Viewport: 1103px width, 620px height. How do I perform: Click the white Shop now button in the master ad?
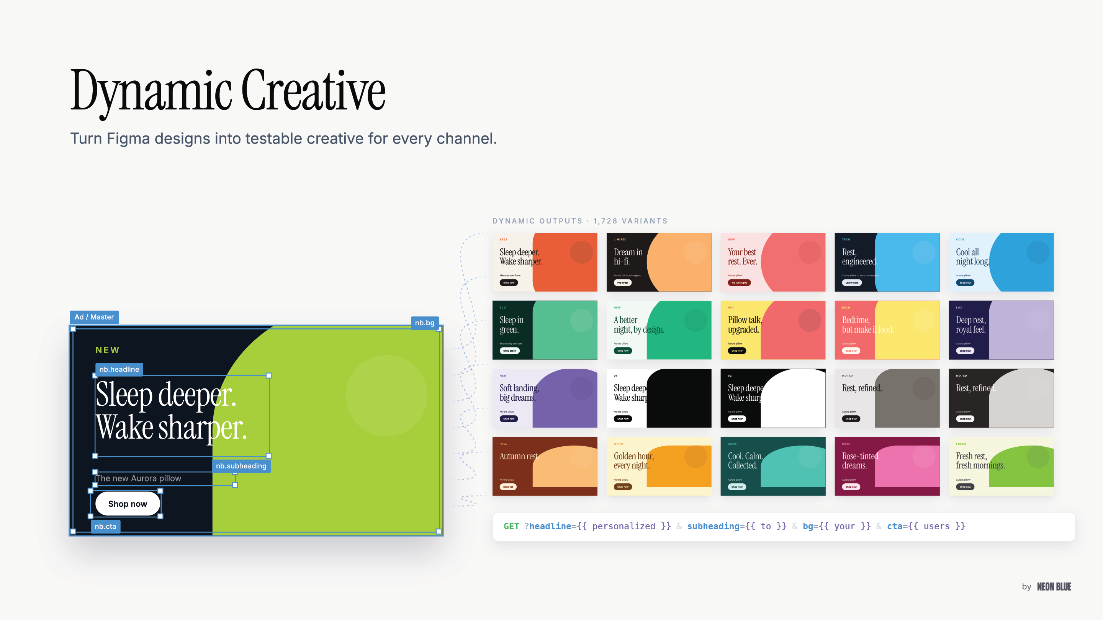(x=128, y=504)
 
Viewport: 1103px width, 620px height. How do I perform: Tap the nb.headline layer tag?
(x=119, y=369)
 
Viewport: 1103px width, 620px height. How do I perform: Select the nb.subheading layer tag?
(x=241, y=466)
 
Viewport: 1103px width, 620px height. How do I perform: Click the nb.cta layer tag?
(x=105, y=526)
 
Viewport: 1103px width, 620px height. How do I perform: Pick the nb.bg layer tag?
(x=424, y=323)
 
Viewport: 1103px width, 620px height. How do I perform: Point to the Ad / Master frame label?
(x=94, y=317)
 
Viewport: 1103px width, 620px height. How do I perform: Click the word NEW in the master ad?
(x=108, y=350)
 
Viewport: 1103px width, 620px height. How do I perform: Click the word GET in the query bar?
(x=511, y=526)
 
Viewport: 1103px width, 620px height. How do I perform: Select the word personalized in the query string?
(x=624, y=526)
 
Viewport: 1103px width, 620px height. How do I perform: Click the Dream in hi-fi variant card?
(x=659, y=262)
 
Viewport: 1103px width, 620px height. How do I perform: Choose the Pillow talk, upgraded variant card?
(x=773, y=330)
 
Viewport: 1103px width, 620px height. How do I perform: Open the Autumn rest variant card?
(x=545, y=466)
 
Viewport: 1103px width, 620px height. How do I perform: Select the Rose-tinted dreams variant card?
(x=887, y=466)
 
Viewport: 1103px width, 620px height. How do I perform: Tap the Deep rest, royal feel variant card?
(x=1001, y=330)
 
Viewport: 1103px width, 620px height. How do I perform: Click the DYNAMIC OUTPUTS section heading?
(x=537, y=221)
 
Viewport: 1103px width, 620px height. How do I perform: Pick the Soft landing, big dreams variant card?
(x=545, y=398)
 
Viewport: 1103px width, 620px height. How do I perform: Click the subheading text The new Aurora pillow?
(x=138, y=478)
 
